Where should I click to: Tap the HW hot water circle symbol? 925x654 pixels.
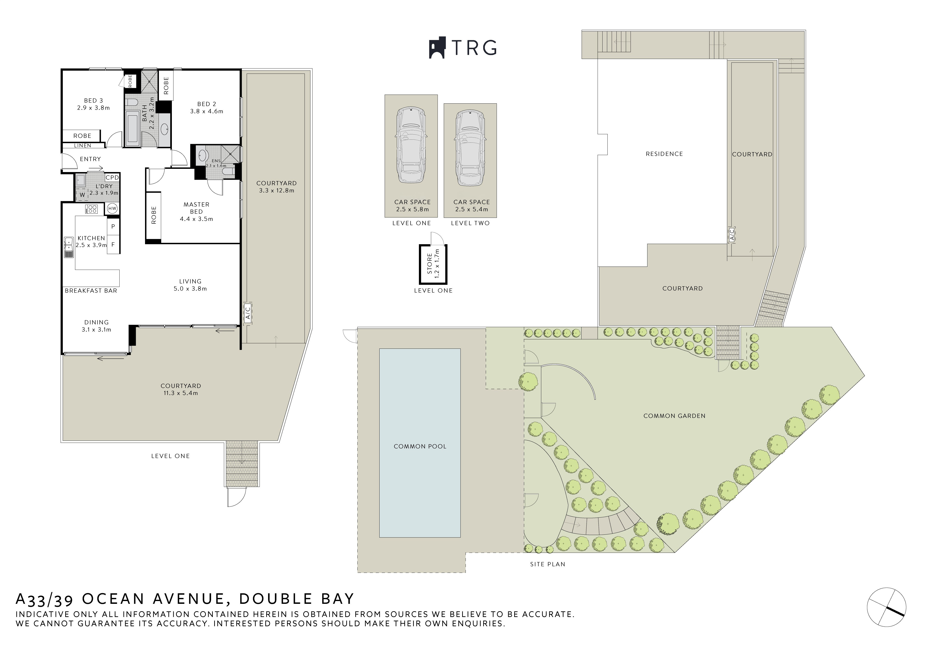tap(112, 209)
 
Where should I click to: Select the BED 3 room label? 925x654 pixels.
tap(93, 101)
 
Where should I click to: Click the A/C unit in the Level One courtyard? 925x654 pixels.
tap(248, 312)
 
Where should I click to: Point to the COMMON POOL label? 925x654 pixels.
tap(420, 446)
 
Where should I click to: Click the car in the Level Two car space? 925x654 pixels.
tap(470, 148)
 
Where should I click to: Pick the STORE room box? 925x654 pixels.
tap(433, 264)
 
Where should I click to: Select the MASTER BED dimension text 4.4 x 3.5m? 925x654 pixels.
tap(196, 219)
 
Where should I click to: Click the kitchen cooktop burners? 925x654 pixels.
tap(91, 209)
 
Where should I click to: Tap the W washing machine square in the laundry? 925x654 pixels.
tap(82, 195)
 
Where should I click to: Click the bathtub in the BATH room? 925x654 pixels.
tap(132, 129)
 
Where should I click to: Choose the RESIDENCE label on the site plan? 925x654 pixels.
tap(664, 154)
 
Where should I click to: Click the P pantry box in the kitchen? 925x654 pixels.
tap(113, 227)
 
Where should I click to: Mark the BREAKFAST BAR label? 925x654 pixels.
tap(91, 291)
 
